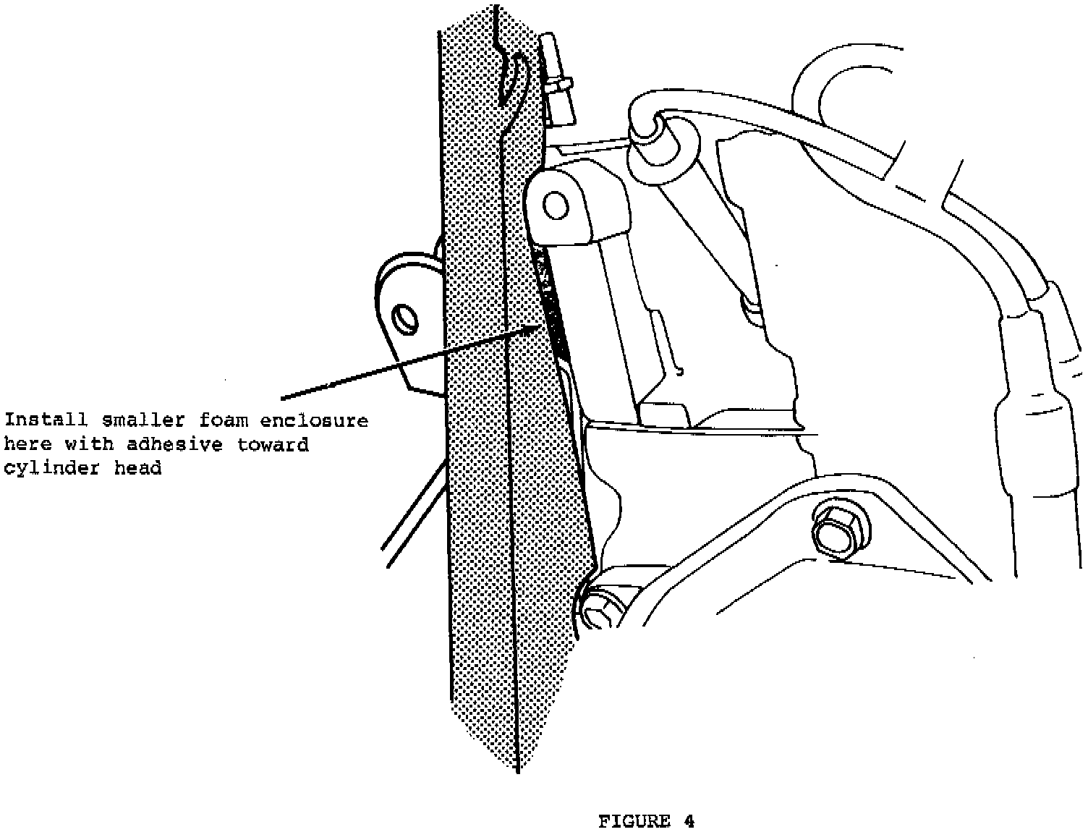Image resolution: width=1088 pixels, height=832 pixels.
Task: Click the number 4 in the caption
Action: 689,821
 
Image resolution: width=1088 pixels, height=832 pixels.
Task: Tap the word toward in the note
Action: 273,443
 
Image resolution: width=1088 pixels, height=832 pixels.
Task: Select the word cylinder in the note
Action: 53,468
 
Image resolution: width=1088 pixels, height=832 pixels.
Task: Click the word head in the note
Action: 138,468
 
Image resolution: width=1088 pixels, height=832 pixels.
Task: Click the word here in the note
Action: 27,443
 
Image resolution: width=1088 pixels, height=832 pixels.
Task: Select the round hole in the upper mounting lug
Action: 556,205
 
